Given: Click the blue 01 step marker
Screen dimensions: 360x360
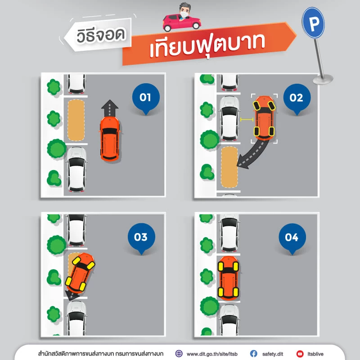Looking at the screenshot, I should [145, 97].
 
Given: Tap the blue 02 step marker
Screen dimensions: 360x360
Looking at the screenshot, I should [296, 97].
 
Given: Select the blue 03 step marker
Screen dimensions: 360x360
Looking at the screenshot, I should [141, 237].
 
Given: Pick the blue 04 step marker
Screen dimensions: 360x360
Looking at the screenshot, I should [292, 237].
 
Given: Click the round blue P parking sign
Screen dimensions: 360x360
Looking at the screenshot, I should [313, 22].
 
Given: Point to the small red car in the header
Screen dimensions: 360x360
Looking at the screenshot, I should [181, 21].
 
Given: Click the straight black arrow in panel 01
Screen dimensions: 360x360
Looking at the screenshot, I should [109, 108].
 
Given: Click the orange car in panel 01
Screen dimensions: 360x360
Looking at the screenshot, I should [109, 139].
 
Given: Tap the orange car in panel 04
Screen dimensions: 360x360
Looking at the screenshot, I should [229, 278].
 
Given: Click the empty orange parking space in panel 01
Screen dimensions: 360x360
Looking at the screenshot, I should [76, 120].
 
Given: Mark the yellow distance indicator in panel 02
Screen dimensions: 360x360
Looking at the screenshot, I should [246, 119].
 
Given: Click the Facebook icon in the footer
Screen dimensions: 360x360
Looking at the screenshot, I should [253, 353].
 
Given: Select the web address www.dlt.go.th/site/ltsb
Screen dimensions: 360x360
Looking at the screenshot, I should [211, 353].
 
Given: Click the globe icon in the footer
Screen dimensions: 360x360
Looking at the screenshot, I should [179, 353].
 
